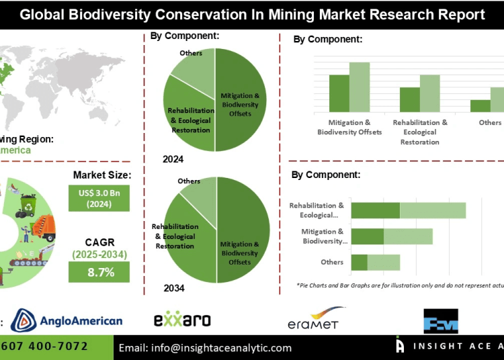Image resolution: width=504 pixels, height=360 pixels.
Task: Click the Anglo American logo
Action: click(67, 320)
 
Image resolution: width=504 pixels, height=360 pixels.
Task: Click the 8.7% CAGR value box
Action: click(99, 272)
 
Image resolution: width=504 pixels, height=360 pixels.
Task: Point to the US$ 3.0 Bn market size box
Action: click(99, 198)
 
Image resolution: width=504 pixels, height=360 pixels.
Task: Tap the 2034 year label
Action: click(173, 288)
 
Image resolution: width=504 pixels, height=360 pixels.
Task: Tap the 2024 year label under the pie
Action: click(173, 159)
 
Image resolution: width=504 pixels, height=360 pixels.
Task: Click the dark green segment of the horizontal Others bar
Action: click(360, 262)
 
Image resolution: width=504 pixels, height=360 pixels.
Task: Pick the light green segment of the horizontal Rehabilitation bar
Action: click(433, 210)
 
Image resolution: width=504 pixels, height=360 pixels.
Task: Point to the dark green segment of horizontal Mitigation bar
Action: click(368, 236)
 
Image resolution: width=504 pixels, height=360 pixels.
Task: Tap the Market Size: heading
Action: click(101, 175)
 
